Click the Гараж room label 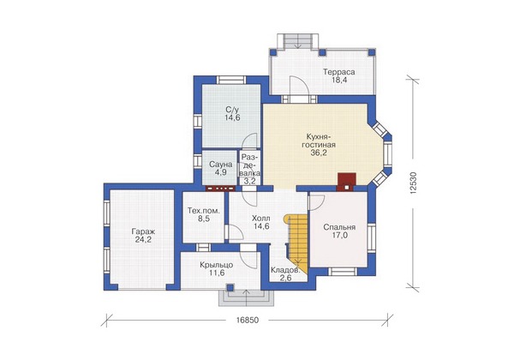click(x=143, y=231)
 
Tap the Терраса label click(x=339, y=72)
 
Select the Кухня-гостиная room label click(x=319, y=141)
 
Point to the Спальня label click(x=339, y=227)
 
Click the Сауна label click(x=221, y=165)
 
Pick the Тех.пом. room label click(x=204, y=211)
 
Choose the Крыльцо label click(x=217, y=265)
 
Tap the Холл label click(x=261, y=218)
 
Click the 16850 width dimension click(x=248, y=321)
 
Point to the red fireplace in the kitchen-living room click(x=347, y=182)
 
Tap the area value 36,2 click(x=319, y=153)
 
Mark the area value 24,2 click(x=143, y=240)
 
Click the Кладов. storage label click(x=285, y=271)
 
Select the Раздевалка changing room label click(x=251, y=165)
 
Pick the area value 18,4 click(x=339, y=81)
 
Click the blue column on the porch click(x=230, y=287)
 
